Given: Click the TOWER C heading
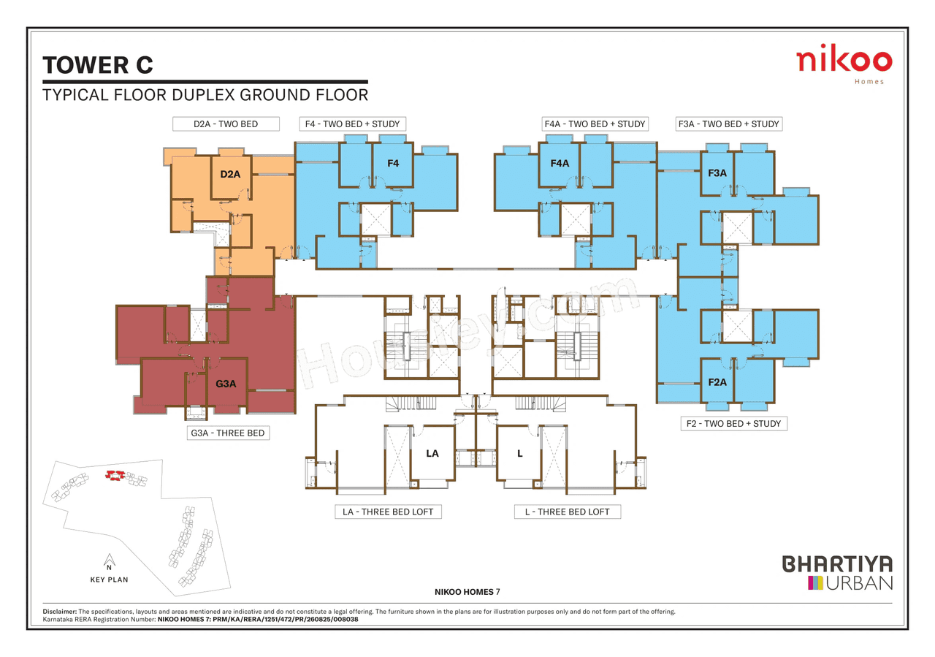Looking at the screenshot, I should (x=98, y=65).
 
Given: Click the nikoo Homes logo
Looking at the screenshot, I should (x=844, y=64).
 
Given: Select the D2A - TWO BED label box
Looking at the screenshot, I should (x=226, y=124).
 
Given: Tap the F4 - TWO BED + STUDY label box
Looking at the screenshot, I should (x=353, y=124).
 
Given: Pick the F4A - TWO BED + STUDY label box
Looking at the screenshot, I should (x=595, y=124).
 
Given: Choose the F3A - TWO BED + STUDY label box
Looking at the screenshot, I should (x=728, y=124).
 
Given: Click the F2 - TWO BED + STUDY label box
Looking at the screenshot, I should (x=733, y=424).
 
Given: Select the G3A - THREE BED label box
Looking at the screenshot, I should (x=227, y=433).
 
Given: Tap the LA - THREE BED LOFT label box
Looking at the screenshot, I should (x=387, y=512).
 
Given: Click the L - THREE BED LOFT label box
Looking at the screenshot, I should (x=567, y=512).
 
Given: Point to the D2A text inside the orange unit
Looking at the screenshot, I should (x=230, y=175).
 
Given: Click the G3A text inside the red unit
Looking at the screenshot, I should (x=226, y=384).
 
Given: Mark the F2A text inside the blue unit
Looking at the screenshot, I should (x=717, y=382).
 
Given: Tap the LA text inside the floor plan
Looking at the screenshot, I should (x=432, y=454).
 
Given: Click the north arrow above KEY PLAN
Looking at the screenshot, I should (x=108, y=560).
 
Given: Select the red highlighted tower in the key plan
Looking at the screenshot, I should (x=113, y=475).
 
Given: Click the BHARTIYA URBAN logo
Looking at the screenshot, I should (x=837, y=573).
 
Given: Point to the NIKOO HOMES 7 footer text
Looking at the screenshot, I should (x=467, y=591).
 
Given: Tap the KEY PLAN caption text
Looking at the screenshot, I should (x=109, y=580).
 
